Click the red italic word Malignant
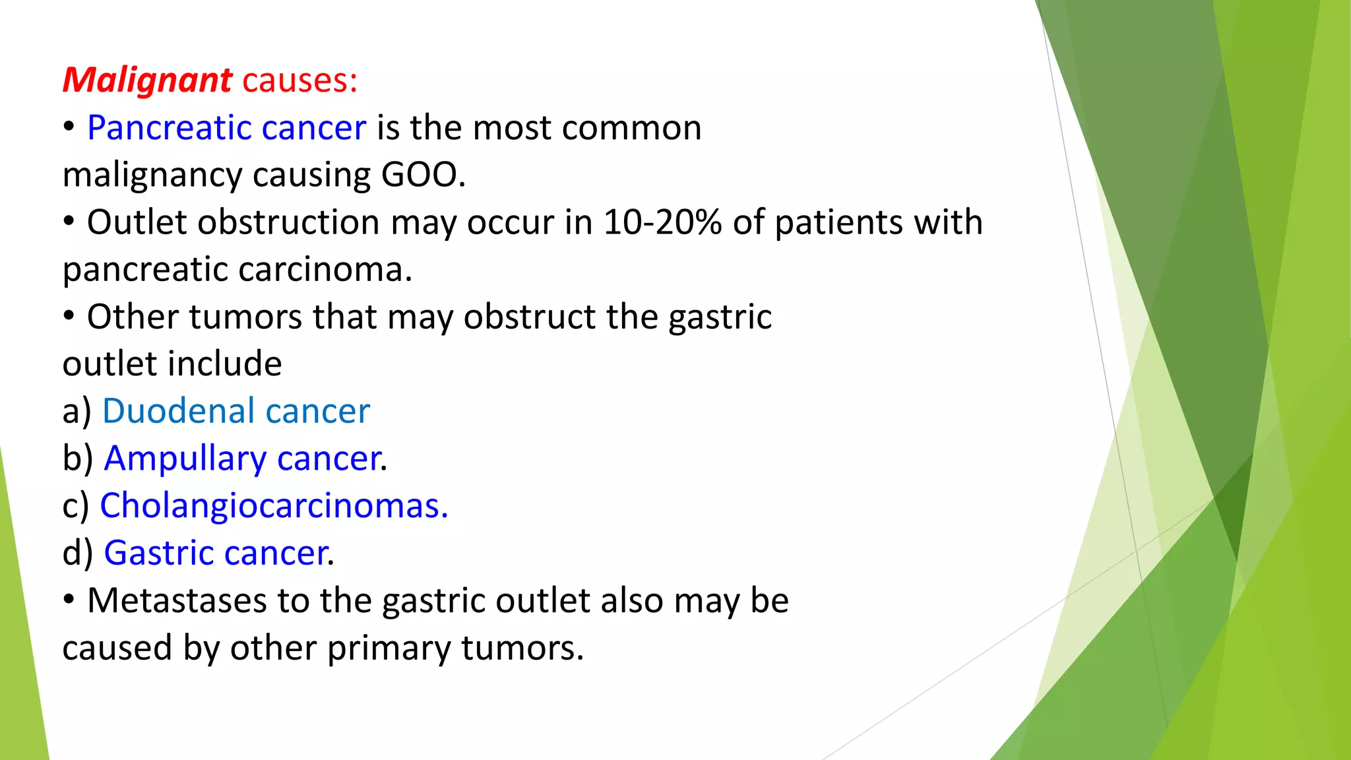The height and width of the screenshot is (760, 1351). point(146,81)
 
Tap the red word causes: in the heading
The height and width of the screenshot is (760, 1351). point(299,81)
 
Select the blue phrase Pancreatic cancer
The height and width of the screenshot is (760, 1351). point(226,128)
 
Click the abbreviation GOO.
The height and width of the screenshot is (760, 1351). point(422,175)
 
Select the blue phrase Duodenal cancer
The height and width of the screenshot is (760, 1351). point(236,412)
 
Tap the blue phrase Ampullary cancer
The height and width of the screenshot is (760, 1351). point(243,459)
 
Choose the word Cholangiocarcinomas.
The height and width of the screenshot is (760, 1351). point(273,506)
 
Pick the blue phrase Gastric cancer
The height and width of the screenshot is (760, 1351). point(217,554)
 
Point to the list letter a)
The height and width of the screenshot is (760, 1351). point(77,412)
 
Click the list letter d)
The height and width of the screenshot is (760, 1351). point(78,554)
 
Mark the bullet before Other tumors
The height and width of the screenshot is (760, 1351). point(69,317)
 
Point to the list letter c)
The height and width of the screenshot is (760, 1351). point(75,507)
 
